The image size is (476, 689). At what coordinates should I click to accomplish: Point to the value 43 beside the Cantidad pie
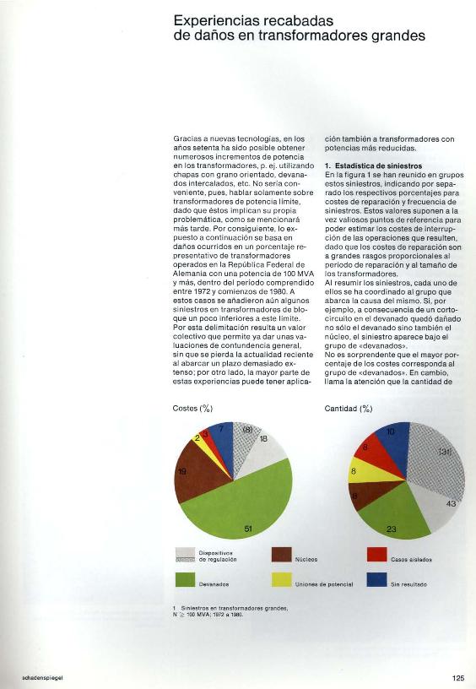[x=450, y=504]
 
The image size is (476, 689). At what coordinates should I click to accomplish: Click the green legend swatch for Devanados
[x=186, y=580]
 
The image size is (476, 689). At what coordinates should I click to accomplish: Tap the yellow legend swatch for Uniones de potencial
[x=282, y=580]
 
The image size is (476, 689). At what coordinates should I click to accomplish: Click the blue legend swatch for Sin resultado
[x=376, y=580]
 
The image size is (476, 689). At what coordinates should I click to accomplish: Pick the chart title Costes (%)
[x=192, y=409]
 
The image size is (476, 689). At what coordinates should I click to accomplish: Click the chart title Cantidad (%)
[x=349, y=409]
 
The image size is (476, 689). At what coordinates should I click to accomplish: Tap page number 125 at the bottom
[x=457, y=677]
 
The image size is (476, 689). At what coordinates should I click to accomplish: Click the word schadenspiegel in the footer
[x=24, y=677]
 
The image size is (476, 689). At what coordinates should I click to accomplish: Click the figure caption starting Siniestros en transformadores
[x=233, y=607]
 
